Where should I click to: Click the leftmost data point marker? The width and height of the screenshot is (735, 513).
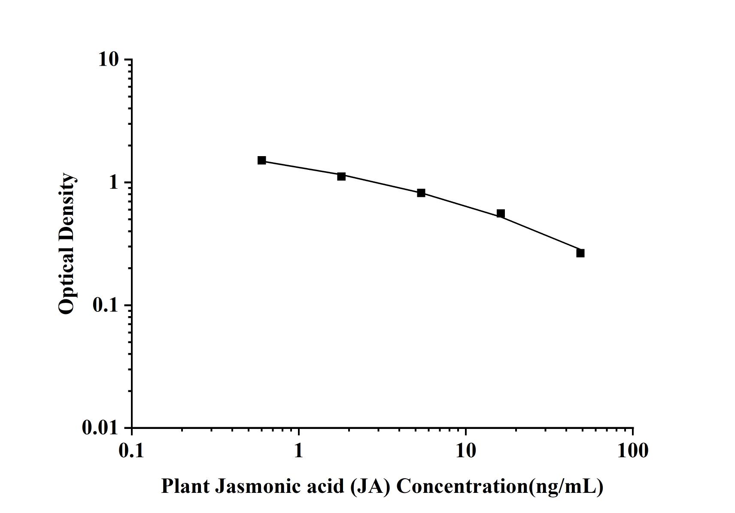click(262, 160)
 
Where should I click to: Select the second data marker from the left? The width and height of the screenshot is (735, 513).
click(341, 176)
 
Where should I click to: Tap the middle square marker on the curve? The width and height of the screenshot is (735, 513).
click(421, 193)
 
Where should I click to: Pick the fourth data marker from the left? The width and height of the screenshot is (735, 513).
click(501, 214)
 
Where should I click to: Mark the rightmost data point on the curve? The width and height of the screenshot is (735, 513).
click(580, 253)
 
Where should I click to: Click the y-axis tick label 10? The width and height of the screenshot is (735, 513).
click(108, 60)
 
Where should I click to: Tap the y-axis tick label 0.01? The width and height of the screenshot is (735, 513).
click(100, 428)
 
